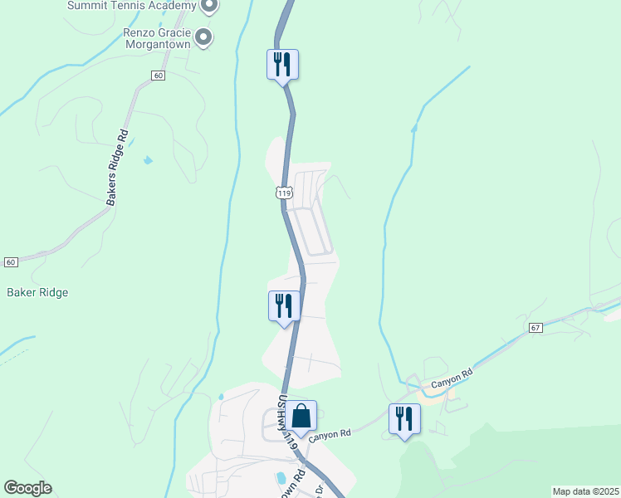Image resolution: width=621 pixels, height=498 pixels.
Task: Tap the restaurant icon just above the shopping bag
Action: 283,306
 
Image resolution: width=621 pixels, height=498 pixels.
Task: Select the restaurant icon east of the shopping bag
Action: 404,418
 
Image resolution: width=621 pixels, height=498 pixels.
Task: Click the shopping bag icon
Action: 302,416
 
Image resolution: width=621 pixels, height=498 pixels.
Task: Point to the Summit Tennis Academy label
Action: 131,6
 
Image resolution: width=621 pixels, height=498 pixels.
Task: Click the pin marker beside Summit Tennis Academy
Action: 209,7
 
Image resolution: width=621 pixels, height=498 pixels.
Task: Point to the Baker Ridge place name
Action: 37,292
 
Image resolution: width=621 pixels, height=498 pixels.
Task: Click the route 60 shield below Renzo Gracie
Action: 158,76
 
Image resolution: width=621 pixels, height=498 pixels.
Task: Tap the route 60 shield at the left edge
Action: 10,262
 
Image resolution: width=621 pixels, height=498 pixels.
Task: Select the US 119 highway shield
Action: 284,193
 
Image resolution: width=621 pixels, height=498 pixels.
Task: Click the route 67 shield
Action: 535,329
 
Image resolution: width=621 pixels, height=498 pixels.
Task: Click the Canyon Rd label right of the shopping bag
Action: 330,434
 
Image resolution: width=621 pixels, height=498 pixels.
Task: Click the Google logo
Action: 27,488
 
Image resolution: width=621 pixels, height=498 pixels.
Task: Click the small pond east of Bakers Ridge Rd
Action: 148,159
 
